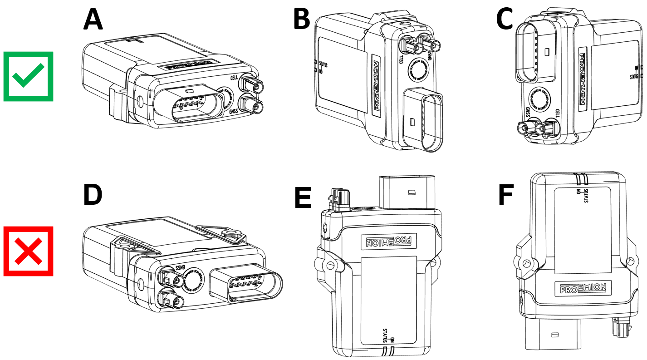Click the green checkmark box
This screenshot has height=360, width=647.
tap(29, 76)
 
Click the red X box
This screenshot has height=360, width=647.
tap(29, 251)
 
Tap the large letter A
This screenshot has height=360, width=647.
tap(93, 20)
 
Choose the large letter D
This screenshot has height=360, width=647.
tap(93, 194)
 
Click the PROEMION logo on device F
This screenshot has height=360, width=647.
tap(583, 288)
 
